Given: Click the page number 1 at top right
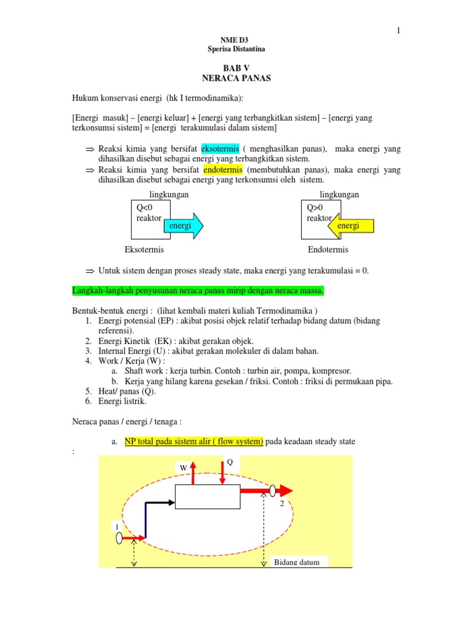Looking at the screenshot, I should (398, 31).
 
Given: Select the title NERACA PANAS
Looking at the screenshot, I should (237, 78).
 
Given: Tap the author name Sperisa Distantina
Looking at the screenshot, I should (237, 49).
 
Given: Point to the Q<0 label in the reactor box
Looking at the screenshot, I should (144, 208).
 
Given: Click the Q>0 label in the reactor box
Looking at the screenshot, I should (315, 208).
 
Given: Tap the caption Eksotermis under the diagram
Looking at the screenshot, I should (144, 250).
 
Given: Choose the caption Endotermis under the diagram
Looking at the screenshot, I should (328, 250).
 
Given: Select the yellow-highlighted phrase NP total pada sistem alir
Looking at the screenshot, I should (194, 441).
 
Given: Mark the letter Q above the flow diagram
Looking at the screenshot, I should (230, 462).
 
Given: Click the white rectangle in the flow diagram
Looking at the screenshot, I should (208, 496).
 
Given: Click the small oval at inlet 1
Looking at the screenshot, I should (119, 538).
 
